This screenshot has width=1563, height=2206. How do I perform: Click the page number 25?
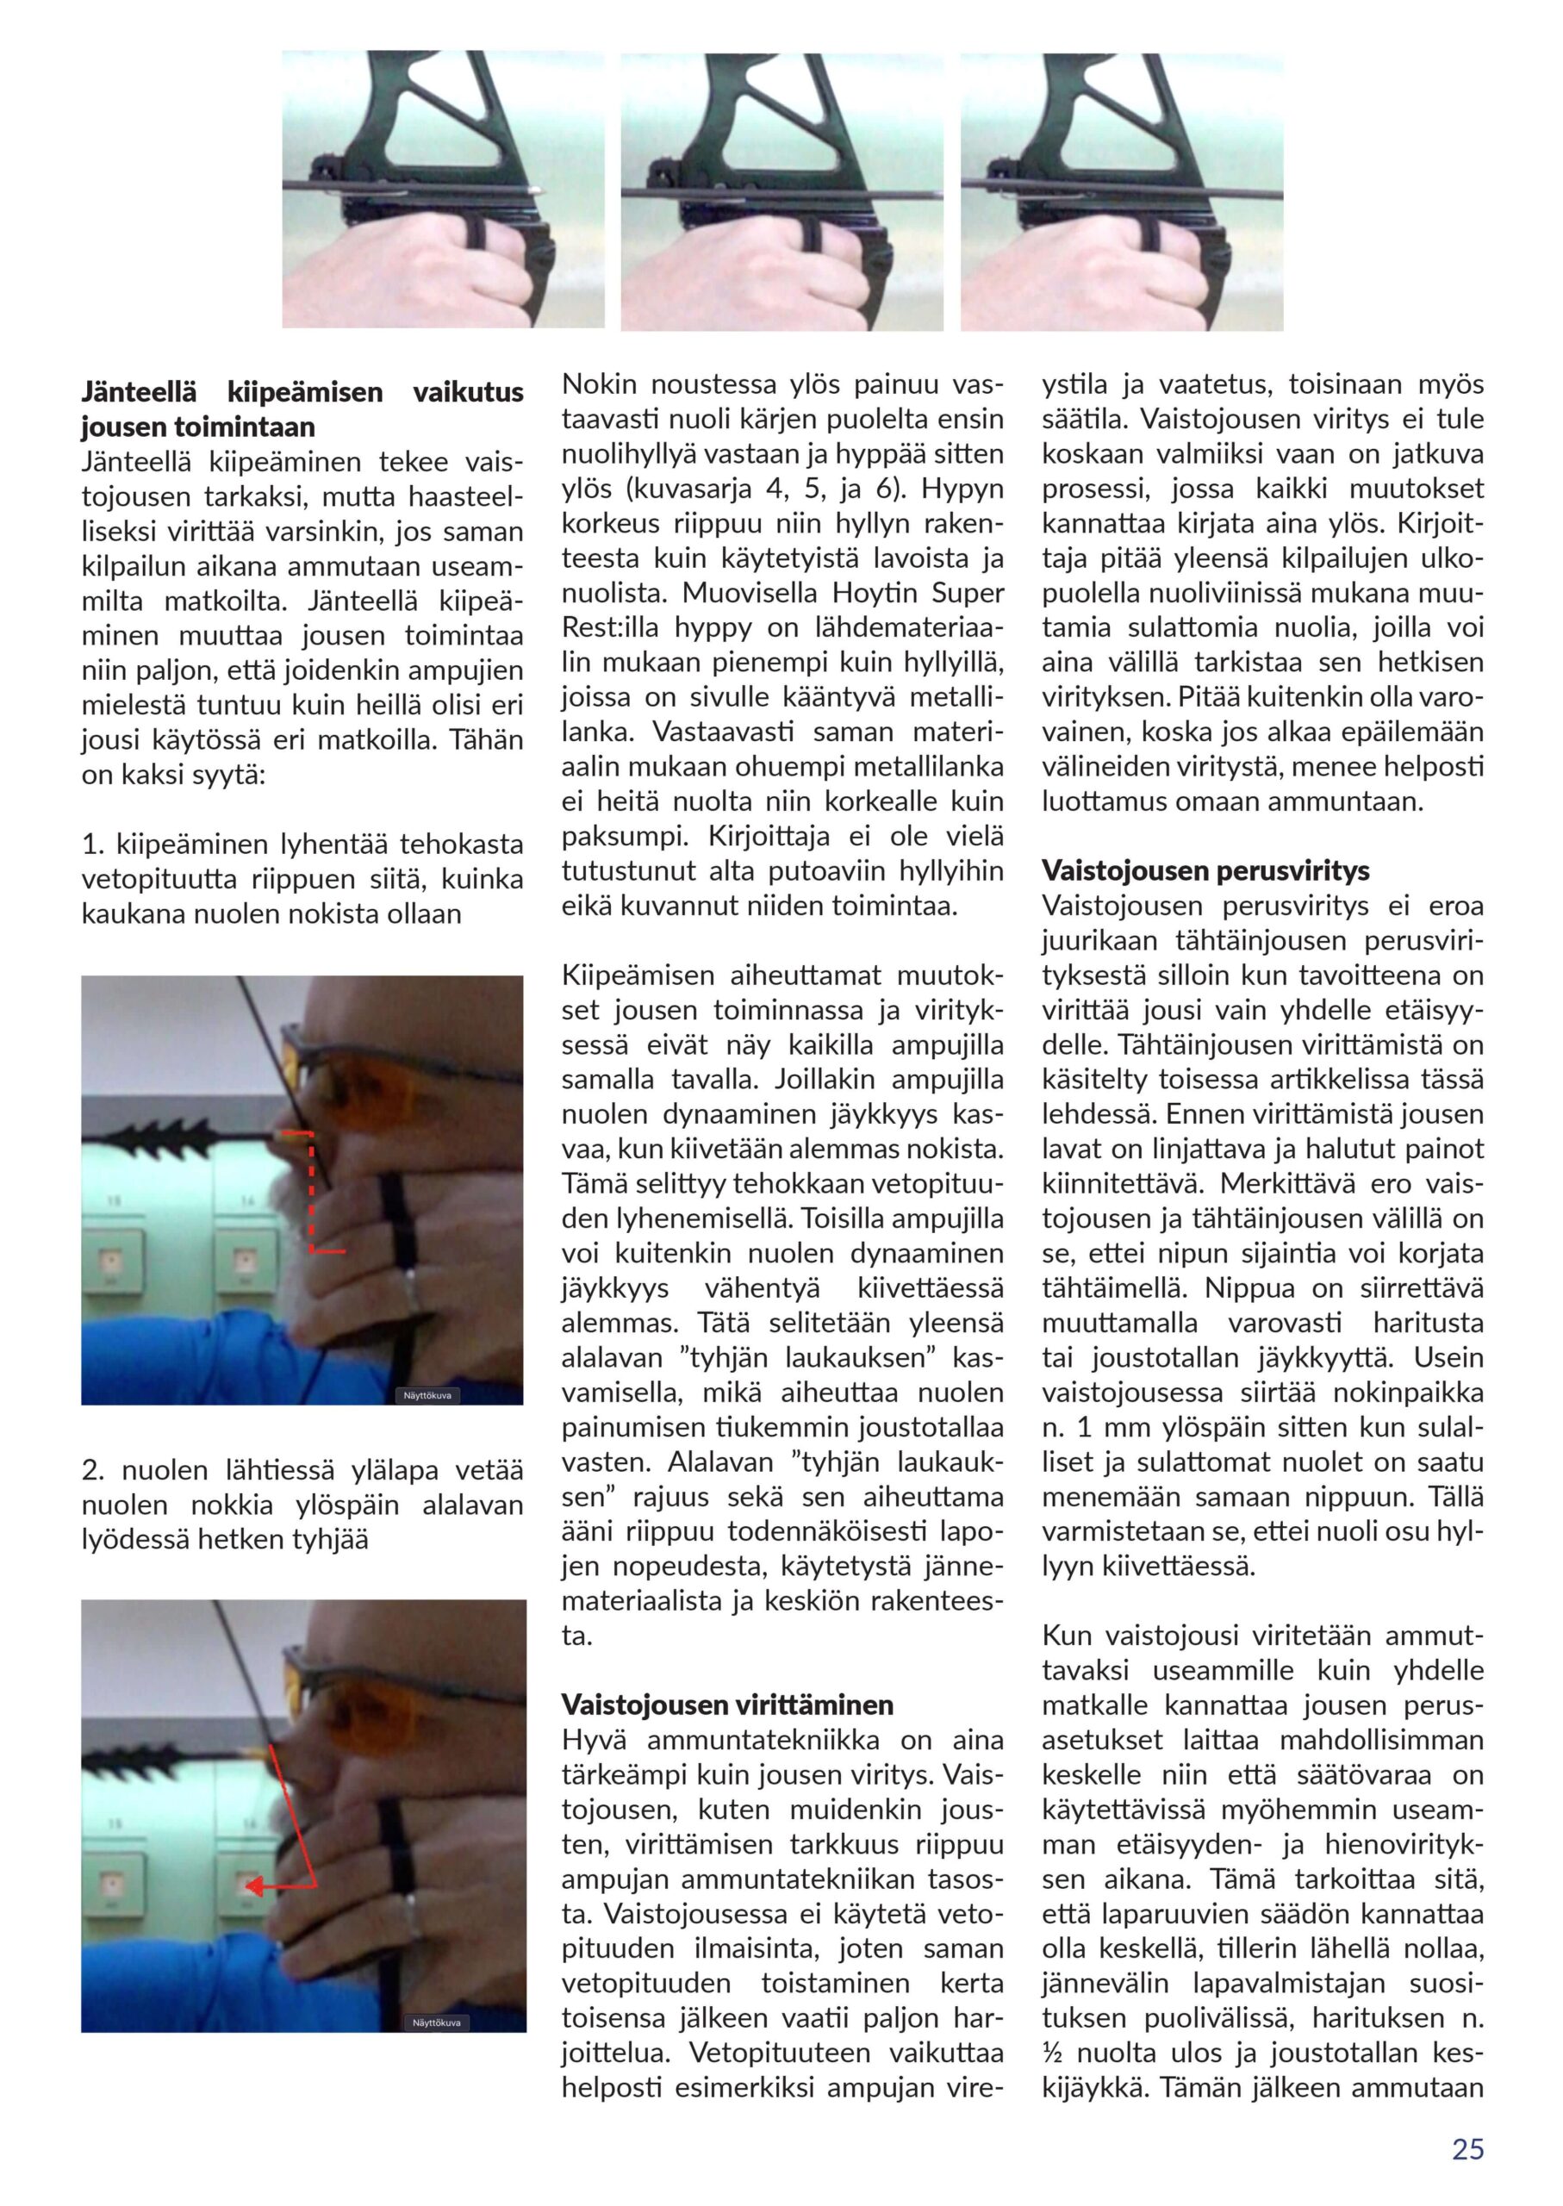[x=1467, y=2149]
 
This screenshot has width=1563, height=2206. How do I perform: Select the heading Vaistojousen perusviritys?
[x=1205, y=871]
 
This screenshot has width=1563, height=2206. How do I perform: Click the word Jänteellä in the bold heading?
[x=139, y=393]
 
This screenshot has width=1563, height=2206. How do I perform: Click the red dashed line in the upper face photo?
[x=311, y=1193]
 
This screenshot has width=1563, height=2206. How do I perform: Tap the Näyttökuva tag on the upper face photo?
[x=427, y=1394]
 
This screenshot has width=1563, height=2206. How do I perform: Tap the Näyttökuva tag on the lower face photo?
[x=436, y=2022]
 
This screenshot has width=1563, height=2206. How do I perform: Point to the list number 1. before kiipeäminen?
[x=93, y=845]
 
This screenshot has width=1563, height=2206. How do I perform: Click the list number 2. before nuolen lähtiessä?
[x=93, y=1471]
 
